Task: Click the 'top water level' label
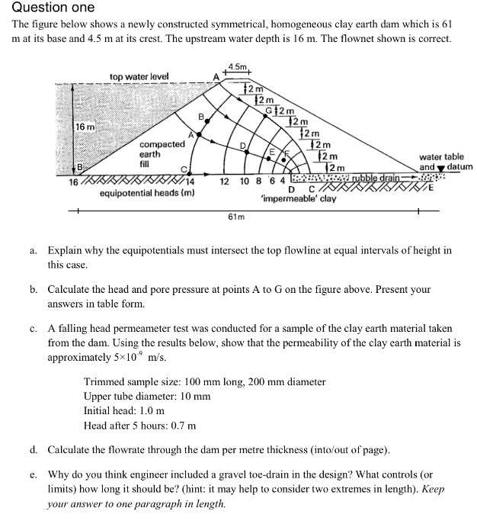139,76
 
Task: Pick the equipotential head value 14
190,182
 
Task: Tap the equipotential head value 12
225,182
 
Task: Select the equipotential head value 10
244,182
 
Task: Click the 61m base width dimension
236,217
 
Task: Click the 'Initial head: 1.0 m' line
124,410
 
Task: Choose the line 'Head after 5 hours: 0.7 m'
139,425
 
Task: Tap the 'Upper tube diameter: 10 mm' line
147,396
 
